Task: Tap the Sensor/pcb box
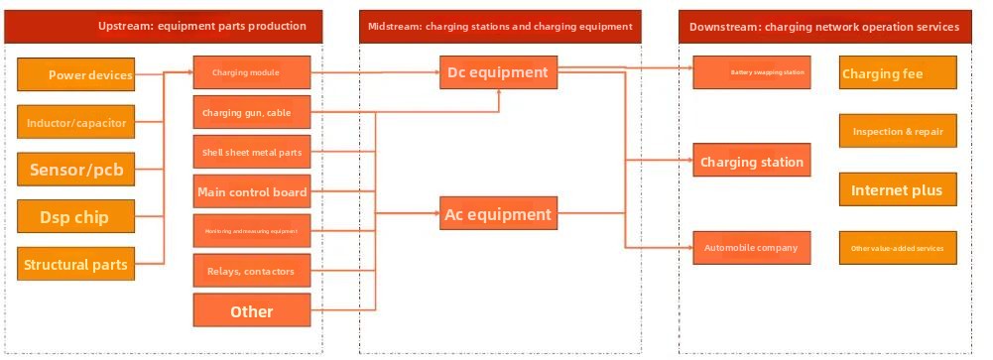pyautogui.click(x=75, y=170)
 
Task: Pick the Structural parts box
pyautogui.click(x=75, y=265)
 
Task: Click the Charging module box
pyautogui.click(x=252, y=73)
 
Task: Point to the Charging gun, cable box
pyautogui.click(x=252, y=113)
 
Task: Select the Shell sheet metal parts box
pyautogui.click(x=252, y=152)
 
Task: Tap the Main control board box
pyautogui.click(x=252, y=191)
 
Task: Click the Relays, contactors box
pyautogui.click(x=252, y=271)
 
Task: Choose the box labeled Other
pyautogui.click(x=252, y=311)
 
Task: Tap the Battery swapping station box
pyautogui.click(x=753, y=72)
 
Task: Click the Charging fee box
pyautogui.click(x=898, y=73)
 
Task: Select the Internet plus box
pyautogui.click(x=898, y=190)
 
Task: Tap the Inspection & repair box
pyautogui.click(x=898, y=131)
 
